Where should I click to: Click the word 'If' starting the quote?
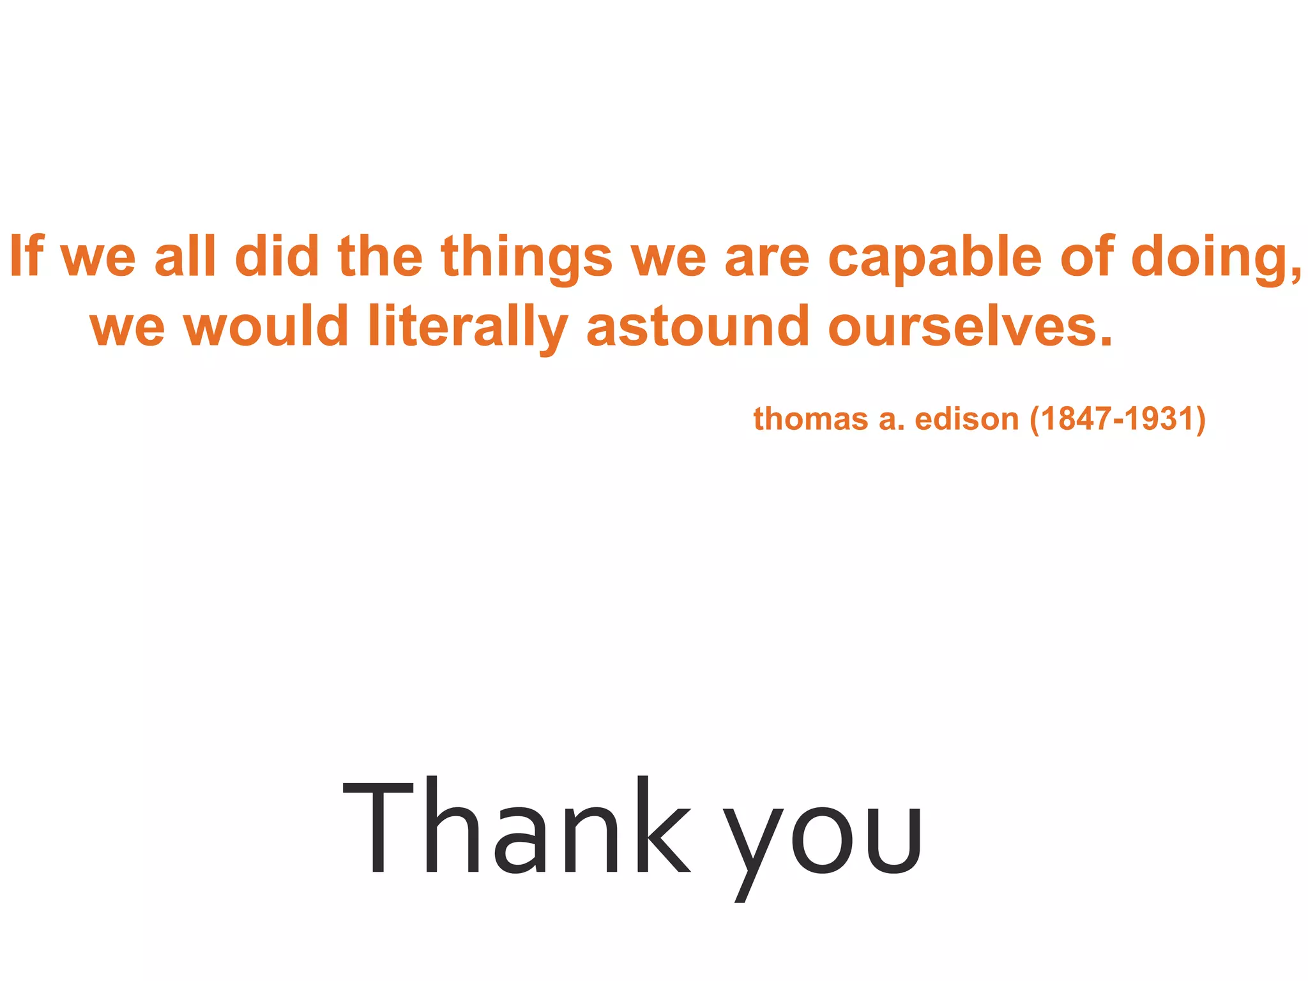[x=26, y=256]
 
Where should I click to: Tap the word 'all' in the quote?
[x=185, y=256]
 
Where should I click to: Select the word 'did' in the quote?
[x=277, y=256]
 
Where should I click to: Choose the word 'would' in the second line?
[x=266, y=326]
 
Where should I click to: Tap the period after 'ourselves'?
[x=1106, y=342]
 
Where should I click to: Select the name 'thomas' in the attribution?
[x=809, y=420]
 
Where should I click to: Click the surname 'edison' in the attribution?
[x=966, y=420]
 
